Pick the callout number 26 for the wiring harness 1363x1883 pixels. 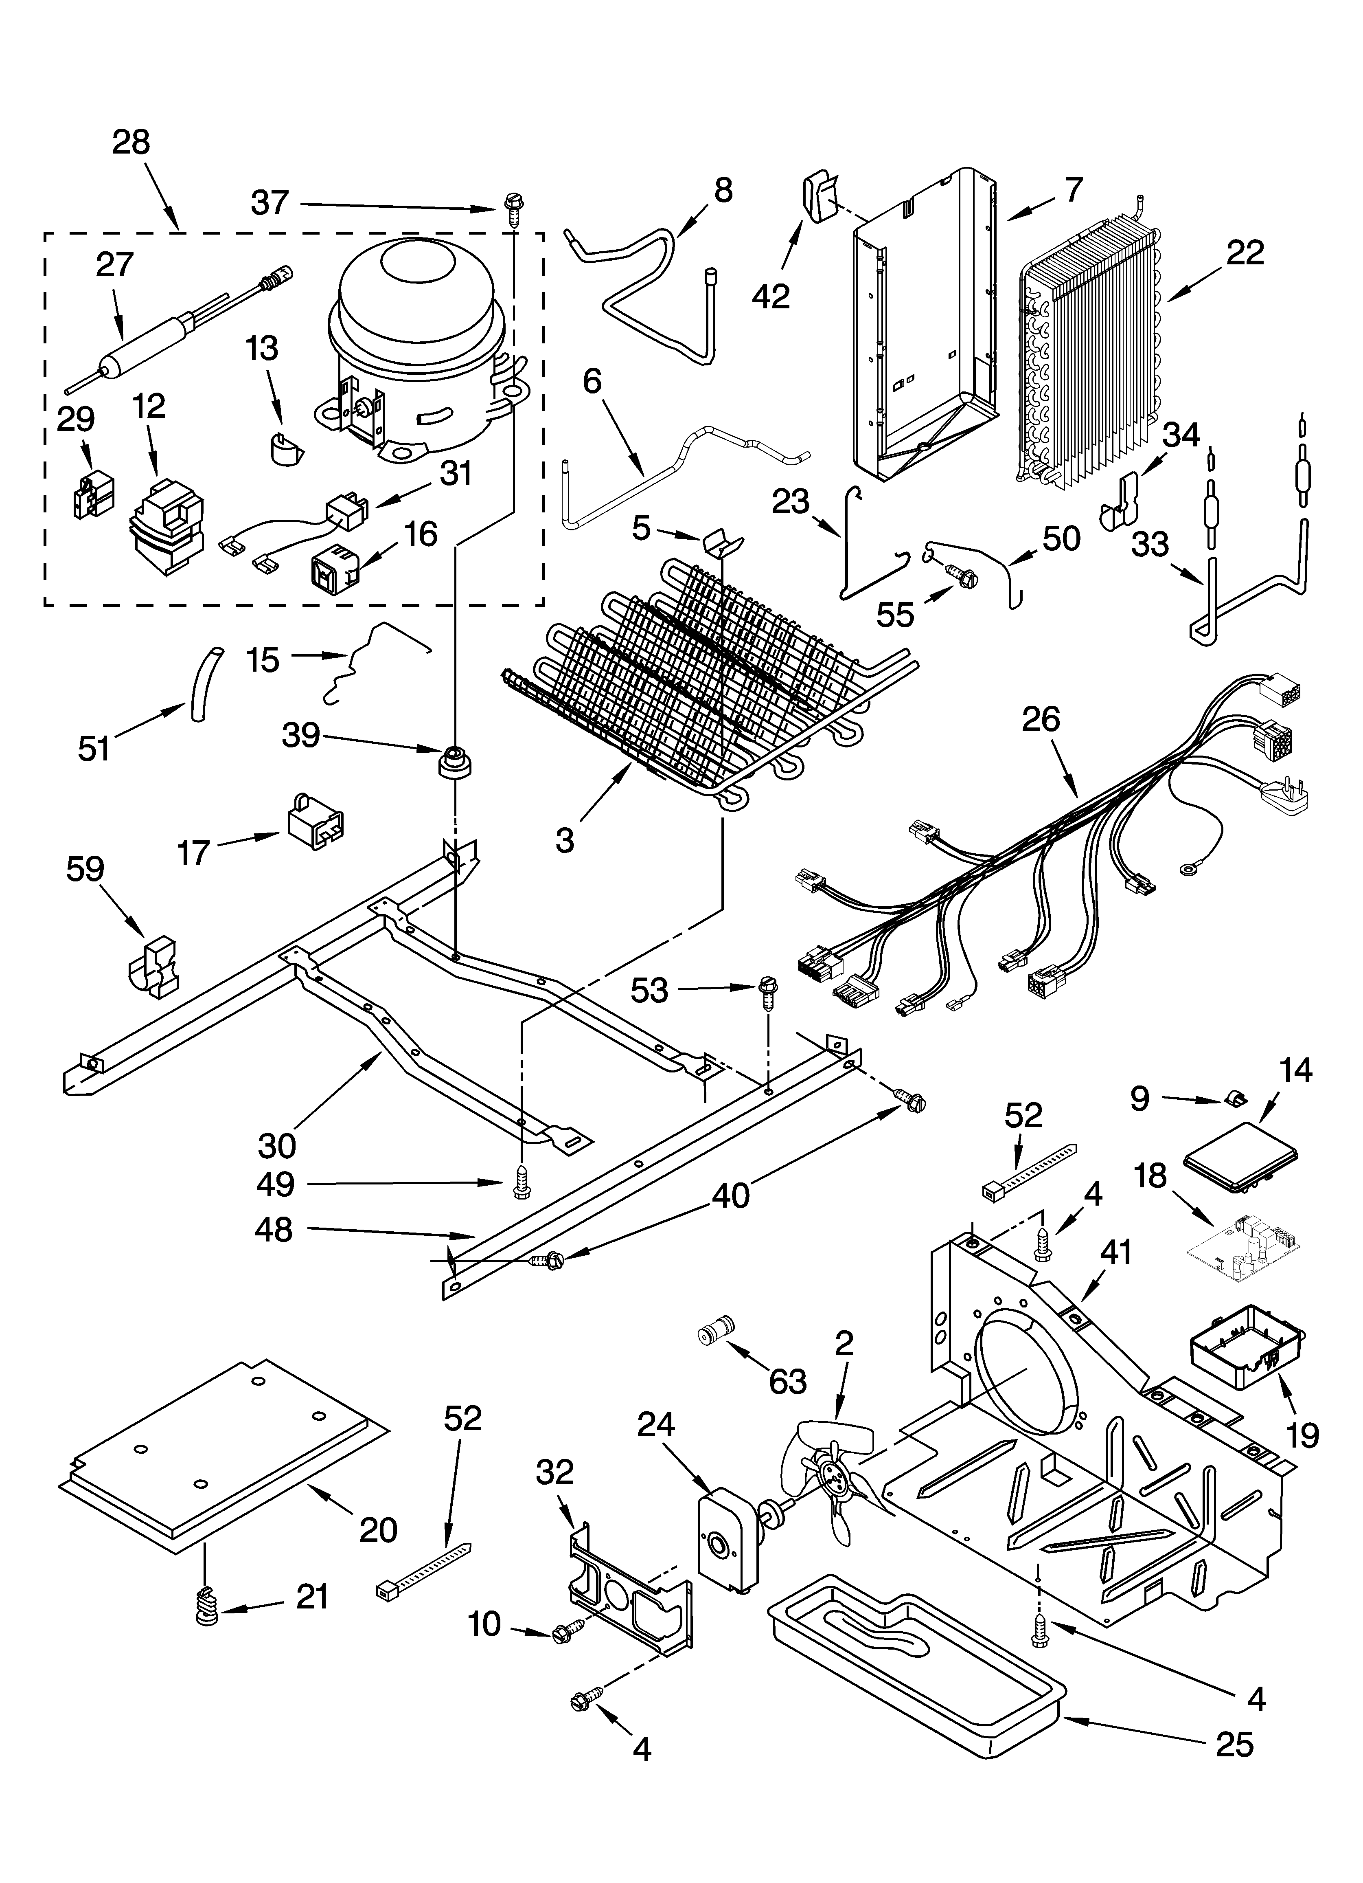click(1041, 719)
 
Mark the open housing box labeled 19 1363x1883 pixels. click(1245, 1359)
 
